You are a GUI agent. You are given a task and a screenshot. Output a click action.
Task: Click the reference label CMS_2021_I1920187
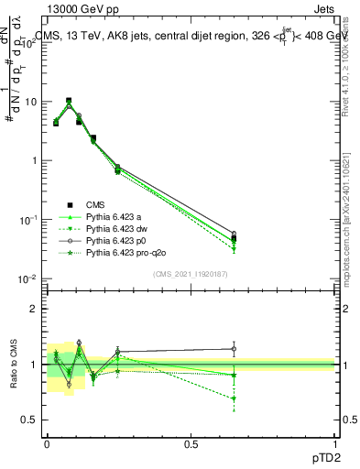coord(190,273)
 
